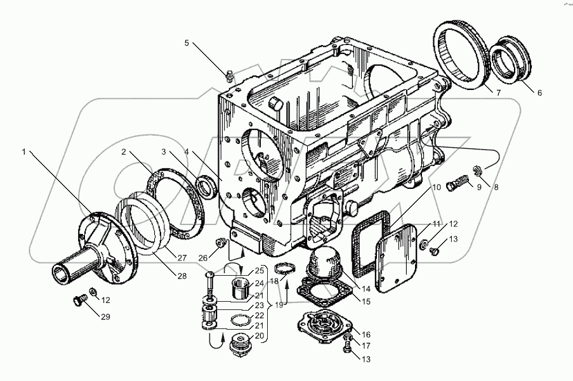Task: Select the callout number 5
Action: coord(187,43)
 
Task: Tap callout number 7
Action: coord(498,93)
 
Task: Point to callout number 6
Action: coord(539,93)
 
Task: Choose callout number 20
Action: coord(259,336)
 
